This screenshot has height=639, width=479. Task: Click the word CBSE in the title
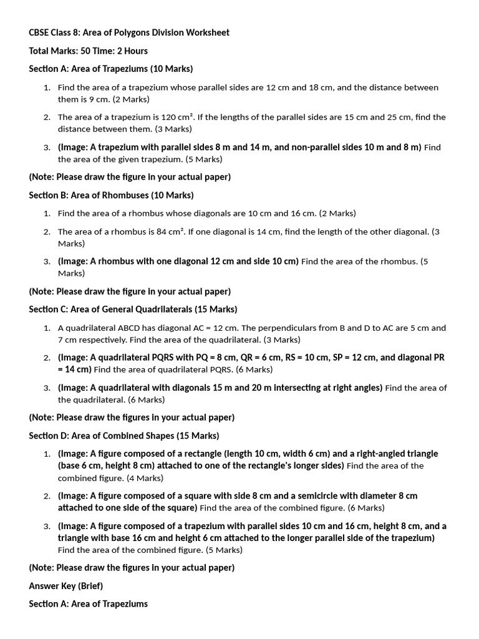[x=40, y=32]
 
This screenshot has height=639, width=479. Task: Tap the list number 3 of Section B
[x=47, y=261]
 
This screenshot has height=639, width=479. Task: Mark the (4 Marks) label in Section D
[x=145, y=478]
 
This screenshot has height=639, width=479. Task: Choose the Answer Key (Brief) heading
[x=65, y=586]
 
